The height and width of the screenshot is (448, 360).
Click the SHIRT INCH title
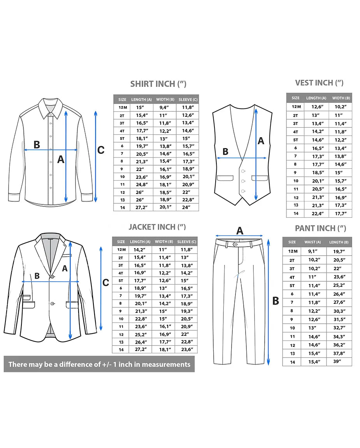point(158,84)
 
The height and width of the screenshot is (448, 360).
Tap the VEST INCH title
point(319,83)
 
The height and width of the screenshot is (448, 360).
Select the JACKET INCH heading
point(157,227)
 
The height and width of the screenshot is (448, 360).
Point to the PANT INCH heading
point(320,228)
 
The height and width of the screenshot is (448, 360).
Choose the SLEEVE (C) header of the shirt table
point(188,99)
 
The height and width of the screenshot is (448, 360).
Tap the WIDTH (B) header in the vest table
point(341,98)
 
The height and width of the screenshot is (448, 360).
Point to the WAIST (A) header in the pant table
point(313,242)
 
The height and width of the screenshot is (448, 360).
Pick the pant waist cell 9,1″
point(313,251)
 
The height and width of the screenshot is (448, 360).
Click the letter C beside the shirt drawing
point(101,150)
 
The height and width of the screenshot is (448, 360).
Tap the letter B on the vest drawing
point(225,152)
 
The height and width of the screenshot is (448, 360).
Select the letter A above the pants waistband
point(240,231)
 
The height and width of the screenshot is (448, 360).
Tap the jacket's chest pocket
point(67,255)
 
